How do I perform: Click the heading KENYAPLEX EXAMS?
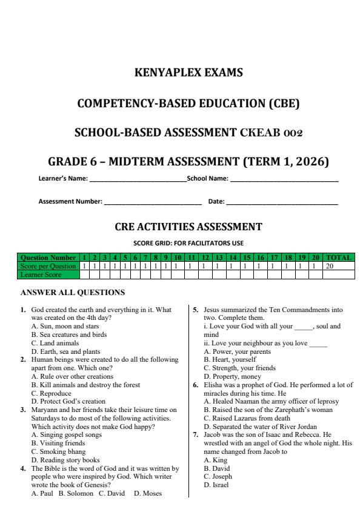188,73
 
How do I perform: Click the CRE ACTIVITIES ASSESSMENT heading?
188,227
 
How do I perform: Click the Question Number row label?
49,258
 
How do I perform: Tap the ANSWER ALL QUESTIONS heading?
73,293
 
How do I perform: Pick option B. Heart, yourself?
230,359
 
